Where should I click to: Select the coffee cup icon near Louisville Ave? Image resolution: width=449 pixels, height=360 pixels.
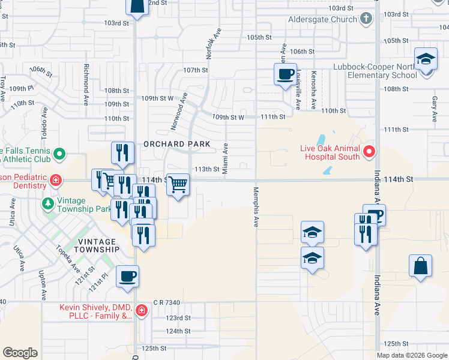[x=285, y=75]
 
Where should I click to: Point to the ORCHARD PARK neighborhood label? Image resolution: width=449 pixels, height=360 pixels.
[x=176, y=144]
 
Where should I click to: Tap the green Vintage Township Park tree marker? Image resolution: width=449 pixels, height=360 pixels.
[x=47, y=204]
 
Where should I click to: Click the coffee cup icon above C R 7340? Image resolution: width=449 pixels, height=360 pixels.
[x=127, y=277]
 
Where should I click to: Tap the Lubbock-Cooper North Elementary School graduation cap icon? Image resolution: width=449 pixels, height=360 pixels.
[x=426, y=59]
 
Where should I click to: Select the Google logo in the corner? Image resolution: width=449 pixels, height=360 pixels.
[x=20, y=353]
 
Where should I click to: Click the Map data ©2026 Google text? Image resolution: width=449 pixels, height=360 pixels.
[x=412, y=355]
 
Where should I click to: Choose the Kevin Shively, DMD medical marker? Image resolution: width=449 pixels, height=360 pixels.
[x=141, y=311]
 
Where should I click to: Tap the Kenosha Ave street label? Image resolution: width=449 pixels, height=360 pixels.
[x=313, y=89]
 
